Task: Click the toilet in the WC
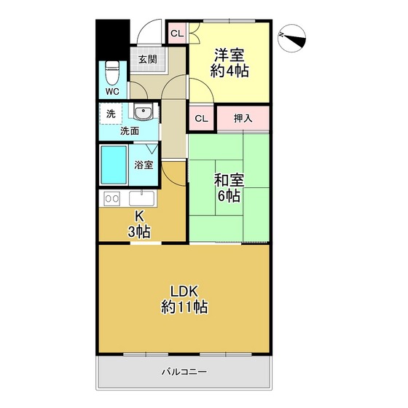pyautogui.click(x=112, y=73)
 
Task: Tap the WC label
pyautogui.click(x=112, y=91)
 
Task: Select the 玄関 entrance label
pyautogui.click(x=147, y=59)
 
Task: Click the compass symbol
pyautogui.click(x=291, y=38)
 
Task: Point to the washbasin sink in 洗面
pyautogui.click(x=143, y=112)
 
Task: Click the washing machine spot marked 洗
pyautogui.click(x=111, y=114)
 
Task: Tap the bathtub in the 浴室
pyautogui.click(x=114, y=165)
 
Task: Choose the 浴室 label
pyautogui.click(x=144, y=165)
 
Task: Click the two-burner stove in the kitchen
pyautogui.click(x=112, y=199)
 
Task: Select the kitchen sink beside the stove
pyautogui.click(x=141, y=198)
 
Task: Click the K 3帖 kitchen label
pyautogui.click(x=139, y=224)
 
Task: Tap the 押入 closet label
pyautogui.click(x=243, y=118)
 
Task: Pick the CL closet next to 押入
pyautogui.click(x=201, y=118)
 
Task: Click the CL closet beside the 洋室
pyautogui.click(x=177, y=34)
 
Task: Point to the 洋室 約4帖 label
pyautogui.click(x=229, y=63)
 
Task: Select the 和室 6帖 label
pyautogui.click(x=229, y=188)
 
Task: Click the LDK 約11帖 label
pyautogui.click(x=184, y=299)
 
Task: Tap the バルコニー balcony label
pyautogui.click(x=184, y=372)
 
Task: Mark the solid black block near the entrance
pyautogui.click(x=113, y=40)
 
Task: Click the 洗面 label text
pyautogui.click(x=130, y=131)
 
